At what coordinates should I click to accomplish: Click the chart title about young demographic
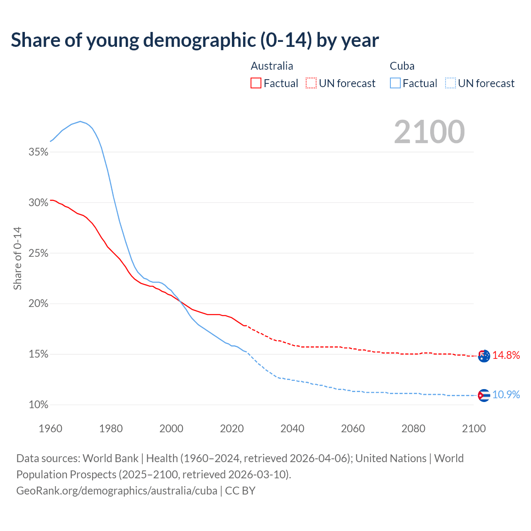click(195, 40)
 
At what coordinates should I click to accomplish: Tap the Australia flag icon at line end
click(484, 356)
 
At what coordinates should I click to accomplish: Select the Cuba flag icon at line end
click(484, 395)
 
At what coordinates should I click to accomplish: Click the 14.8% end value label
click(506, 355)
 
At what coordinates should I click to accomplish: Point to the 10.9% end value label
click(506, 395)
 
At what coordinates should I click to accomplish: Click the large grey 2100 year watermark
click(429, 132)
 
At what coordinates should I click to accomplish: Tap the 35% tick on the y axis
click(39, 152)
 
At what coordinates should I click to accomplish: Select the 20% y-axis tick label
click(39, 304)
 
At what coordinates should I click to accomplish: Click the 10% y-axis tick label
click(39, 405)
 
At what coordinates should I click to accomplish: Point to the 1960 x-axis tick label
click(51, 429)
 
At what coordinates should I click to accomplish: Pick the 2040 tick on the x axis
click(292, 429)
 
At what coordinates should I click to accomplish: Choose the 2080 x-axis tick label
click(413, 429)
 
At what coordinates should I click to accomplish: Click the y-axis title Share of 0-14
click(17, 258)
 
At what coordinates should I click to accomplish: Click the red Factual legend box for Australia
click(256, 83)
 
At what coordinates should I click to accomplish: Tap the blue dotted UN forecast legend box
click(451, 83)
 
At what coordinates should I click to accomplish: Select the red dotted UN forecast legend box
click(311, 83)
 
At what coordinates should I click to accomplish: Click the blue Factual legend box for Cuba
click(395, 83)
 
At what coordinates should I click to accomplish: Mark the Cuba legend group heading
click(402, 66)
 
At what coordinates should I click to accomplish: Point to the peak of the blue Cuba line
click(80, 122)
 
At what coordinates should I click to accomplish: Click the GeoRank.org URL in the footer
click(117, 491)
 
